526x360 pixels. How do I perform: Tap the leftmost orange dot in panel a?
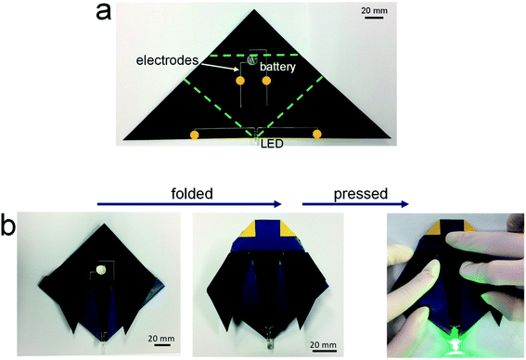click(x=194, y=135)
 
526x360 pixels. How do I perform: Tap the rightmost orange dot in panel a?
click(x=317, y=135)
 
